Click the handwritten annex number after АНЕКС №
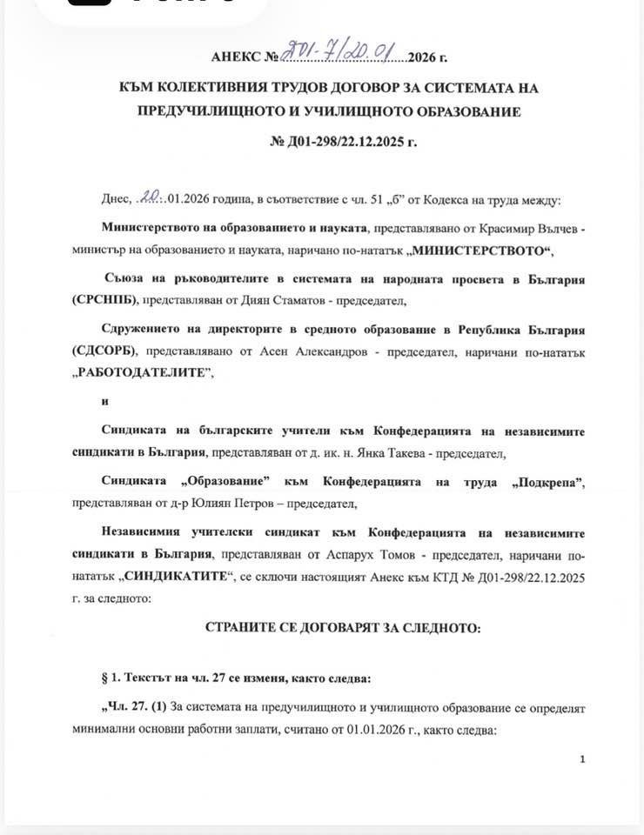(345, 55)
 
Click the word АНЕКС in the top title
(236, 58)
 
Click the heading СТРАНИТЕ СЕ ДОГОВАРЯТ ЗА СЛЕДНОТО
(342, 627)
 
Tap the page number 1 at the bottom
(582, 759)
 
